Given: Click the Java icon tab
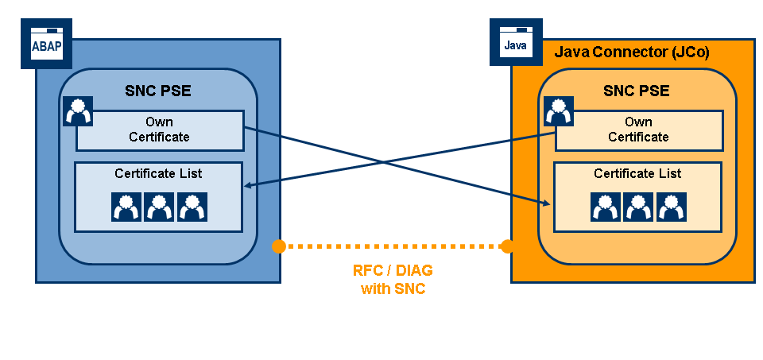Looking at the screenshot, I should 515,45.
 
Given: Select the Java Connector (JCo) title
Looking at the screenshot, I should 631,53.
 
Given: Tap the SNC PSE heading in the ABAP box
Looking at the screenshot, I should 158,91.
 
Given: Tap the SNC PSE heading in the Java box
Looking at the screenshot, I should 637,91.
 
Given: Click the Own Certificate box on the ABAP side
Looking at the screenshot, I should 159,130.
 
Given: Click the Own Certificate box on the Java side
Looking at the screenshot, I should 638,130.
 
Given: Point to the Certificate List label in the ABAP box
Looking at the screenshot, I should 158,173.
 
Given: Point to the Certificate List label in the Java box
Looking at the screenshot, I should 637,173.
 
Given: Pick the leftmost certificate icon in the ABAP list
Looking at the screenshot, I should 126,207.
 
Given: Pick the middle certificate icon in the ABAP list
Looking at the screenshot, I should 159,207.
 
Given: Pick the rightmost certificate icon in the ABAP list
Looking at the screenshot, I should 192,207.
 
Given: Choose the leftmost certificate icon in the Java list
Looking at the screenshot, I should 606,207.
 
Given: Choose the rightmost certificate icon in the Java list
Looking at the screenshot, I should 671,207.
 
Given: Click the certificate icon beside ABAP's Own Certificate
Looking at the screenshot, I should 78,111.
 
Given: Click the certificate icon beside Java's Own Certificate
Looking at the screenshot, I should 559,111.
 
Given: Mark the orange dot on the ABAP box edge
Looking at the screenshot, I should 278,246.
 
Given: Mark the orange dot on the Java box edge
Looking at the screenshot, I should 507,246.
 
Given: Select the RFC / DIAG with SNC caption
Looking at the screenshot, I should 393,280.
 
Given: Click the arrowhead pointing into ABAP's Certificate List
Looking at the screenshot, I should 247,186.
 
